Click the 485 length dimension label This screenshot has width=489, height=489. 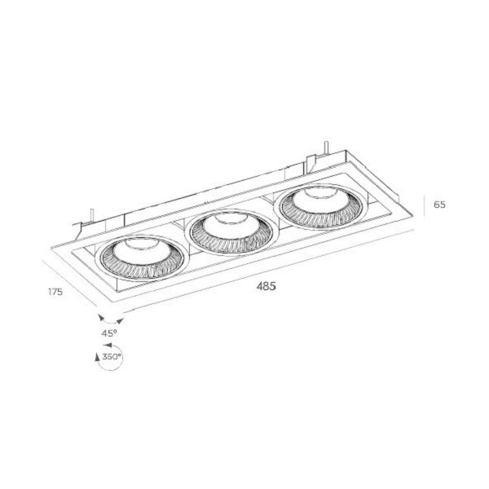point(266,286)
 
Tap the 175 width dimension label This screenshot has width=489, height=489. point(55,292)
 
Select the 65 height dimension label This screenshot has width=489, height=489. point(439,205)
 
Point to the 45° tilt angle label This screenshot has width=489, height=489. point(109,333)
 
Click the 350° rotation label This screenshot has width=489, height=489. point(112,356)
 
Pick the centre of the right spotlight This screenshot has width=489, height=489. point(319,206)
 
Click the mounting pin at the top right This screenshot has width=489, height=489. point(326,148)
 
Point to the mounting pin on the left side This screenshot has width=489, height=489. point(91,215)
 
